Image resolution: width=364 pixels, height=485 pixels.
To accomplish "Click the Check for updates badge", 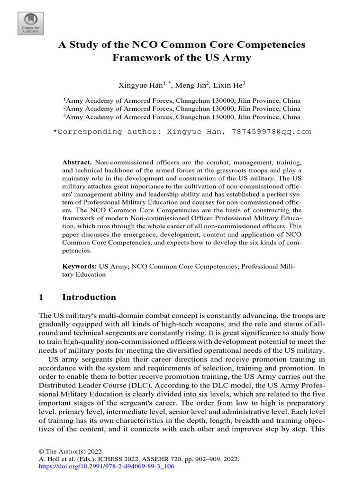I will pos(31,23).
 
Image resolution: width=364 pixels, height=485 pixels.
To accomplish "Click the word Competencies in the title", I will pos(266,45).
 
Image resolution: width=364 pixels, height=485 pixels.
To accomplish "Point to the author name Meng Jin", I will pos(194,85).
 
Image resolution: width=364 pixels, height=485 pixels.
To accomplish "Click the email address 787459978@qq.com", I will pos(271,132).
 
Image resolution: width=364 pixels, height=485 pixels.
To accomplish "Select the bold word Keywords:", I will pos(80,267).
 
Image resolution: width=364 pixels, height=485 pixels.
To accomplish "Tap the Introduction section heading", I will pos(89,297).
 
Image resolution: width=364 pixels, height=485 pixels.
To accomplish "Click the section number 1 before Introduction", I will pos(41,297).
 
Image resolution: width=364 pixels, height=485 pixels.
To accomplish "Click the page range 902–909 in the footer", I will pos(209,459).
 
